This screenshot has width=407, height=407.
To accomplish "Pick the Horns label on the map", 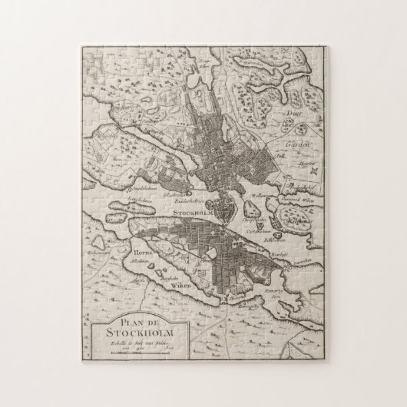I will point(144,251).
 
